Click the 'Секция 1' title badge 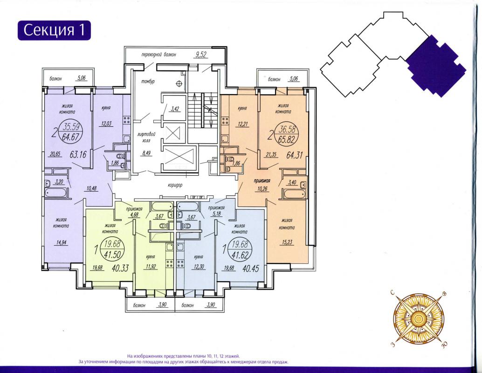coord(54,30)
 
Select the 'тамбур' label coord(148,82)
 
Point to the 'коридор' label coord(175,186)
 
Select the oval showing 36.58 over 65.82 coord(287,135)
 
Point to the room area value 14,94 coord(62,242)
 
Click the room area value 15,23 coord(287,242)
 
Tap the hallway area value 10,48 coord(92,189)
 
